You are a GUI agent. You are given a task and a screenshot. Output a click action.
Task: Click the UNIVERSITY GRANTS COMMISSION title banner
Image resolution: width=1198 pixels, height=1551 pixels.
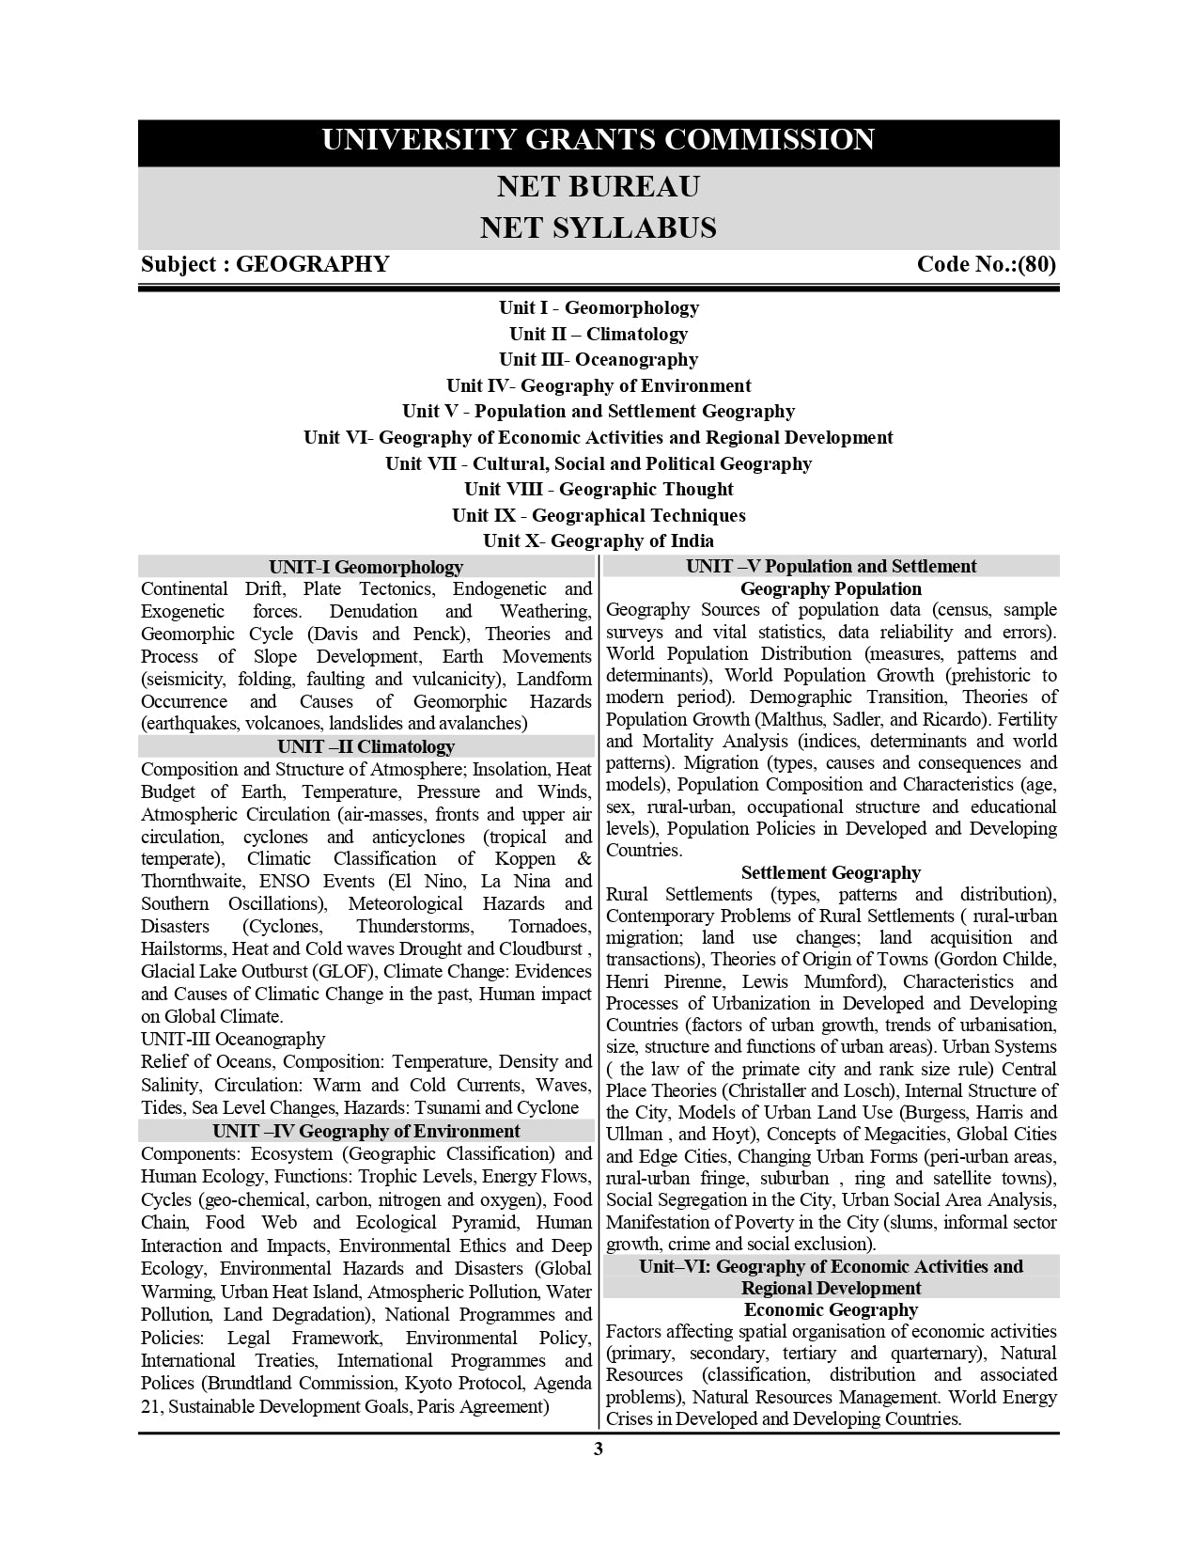(599, 140)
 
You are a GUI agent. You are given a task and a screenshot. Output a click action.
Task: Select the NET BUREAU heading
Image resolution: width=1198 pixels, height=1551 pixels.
(599, 187)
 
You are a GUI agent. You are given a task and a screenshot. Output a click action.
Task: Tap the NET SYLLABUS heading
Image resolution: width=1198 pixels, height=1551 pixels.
(599, 228)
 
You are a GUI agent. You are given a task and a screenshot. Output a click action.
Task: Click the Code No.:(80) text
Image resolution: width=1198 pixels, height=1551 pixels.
(986, 264)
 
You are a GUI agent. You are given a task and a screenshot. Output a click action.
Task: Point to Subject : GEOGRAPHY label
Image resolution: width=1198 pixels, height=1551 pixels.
(265, 264)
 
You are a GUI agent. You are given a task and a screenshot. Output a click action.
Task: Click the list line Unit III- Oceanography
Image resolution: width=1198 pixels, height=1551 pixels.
(599, 360)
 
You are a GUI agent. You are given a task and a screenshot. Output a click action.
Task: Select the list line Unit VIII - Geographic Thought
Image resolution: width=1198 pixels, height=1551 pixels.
(599, 490)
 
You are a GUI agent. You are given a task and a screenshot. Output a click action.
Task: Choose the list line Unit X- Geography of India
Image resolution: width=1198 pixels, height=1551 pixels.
(599, 541)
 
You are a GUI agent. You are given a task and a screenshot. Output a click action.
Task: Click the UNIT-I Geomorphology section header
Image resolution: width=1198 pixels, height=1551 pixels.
(366, 567)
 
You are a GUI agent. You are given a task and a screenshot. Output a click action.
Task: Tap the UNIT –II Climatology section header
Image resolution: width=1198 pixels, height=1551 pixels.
(366, 747)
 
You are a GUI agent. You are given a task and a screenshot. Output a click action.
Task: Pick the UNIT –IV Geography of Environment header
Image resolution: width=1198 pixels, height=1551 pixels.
(366, 1132)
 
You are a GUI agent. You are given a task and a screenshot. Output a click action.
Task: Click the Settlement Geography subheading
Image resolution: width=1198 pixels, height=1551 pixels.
(831, 873)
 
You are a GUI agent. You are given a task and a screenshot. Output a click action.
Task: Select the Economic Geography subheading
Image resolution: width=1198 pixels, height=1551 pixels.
(831, 1310)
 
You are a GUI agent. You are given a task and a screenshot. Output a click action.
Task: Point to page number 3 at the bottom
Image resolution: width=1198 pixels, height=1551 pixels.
(599, 1449)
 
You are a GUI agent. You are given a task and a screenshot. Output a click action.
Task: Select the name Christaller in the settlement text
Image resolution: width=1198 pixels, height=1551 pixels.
(787, 1091)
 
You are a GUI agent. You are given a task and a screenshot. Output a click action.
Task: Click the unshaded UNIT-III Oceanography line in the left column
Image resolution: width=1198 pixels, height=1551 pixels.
(233, 1040)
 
